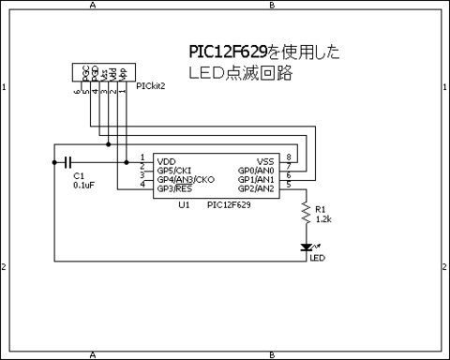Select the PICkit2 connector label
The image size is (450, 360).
pos(150,85)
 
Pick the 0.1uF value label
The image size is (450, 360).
pos(83,186)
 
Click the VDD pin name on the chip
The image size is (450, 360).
pos(167,160)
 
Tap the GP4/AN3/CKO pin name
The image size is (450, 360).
pos(186,179)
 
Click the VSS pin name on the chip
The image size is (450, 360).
pos(265,160)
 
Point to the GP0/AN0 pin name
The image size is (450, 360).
pos(256,170)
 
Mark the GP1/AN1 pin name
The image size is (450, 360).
pos(256,179)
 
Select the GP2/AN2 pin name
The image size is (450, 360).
pos(256,188)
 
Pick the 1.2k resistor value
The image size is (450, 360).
pos(324,218)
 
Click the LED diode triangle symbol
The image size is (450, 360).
pos(305,247)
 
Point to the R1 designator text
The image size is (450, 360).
pos(321,209)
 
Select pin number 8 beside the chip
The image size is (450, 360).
pos(288,157)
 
